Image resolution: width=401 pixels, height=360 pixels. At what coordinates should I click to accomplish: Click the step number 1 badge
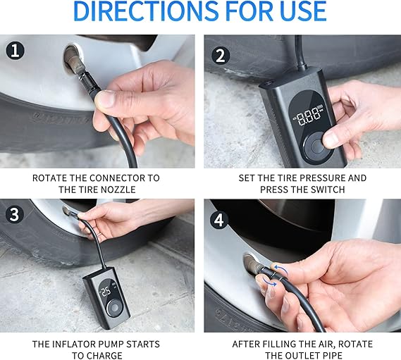click(16, 50)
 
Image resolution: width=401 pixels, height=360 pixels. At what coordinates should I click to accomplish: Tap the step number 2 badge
click(221, 56)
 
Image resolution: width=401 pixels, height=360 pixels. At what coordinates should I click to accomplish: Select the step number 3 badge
click(15, 213)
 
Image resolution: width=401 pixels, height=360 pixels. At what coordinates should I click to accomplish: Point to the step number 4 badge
click(219, 220)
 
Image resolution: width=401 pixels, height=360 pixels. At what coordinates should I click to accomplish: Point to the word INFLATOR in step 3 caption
click(75, 344)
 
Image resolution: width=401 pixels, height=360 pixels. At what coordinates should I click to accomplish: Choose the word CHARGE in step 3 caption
click(104, 356)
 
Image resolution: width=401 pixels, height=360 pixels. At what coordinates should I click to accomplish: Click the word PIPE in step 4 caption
click(331, 356)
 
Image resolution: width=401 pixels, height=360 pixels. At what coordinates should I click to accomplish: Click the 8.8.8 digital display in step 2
click(308, 116)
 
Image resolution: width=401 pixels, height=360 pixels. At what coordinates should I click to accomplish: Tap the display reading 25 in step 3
click(106, 292)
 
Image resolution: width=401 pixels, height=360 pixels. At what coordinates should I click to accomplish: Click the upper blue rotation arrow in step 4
click(280, 268)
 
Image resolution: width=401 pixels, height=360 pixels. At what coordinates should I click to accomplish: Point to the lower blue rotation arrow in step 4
click(270, 283)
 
